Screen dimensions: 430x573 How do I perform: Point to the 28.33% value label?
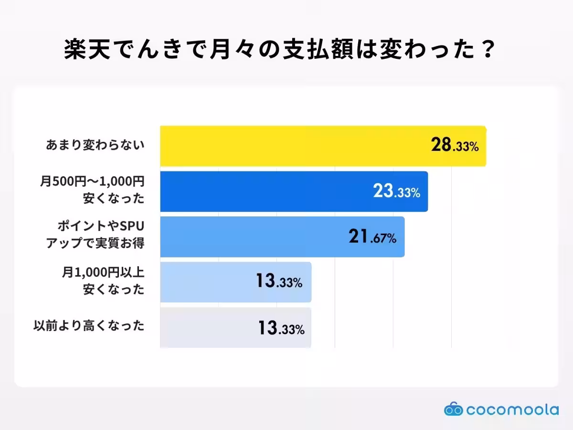coord(454,146)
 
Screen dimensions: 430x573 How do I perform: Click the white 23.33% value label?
coord(396,192)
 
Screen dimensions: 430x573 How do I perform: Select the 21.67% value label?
coord(372,237)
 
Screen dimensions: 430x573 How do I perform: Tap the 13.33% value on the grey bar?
coord(281,328)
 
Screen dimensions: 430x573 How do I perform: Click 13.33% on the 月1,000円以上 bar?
coord(279,282)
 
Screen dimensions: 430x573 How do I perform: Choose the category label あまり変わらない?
coord(95,145)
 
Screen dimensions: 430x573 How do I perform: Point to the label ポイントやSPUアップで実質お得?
coord(95,235)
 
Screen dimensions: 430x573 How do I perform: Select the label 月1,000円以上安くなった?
coord(102,281)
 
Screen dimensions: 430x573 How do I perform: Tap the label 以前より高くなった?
coord(89,326)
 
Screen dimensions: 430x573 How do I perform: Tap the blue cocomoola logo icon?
coord(453,409)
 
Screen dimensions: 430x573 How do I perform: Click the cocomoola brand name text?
coord(512,409)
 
